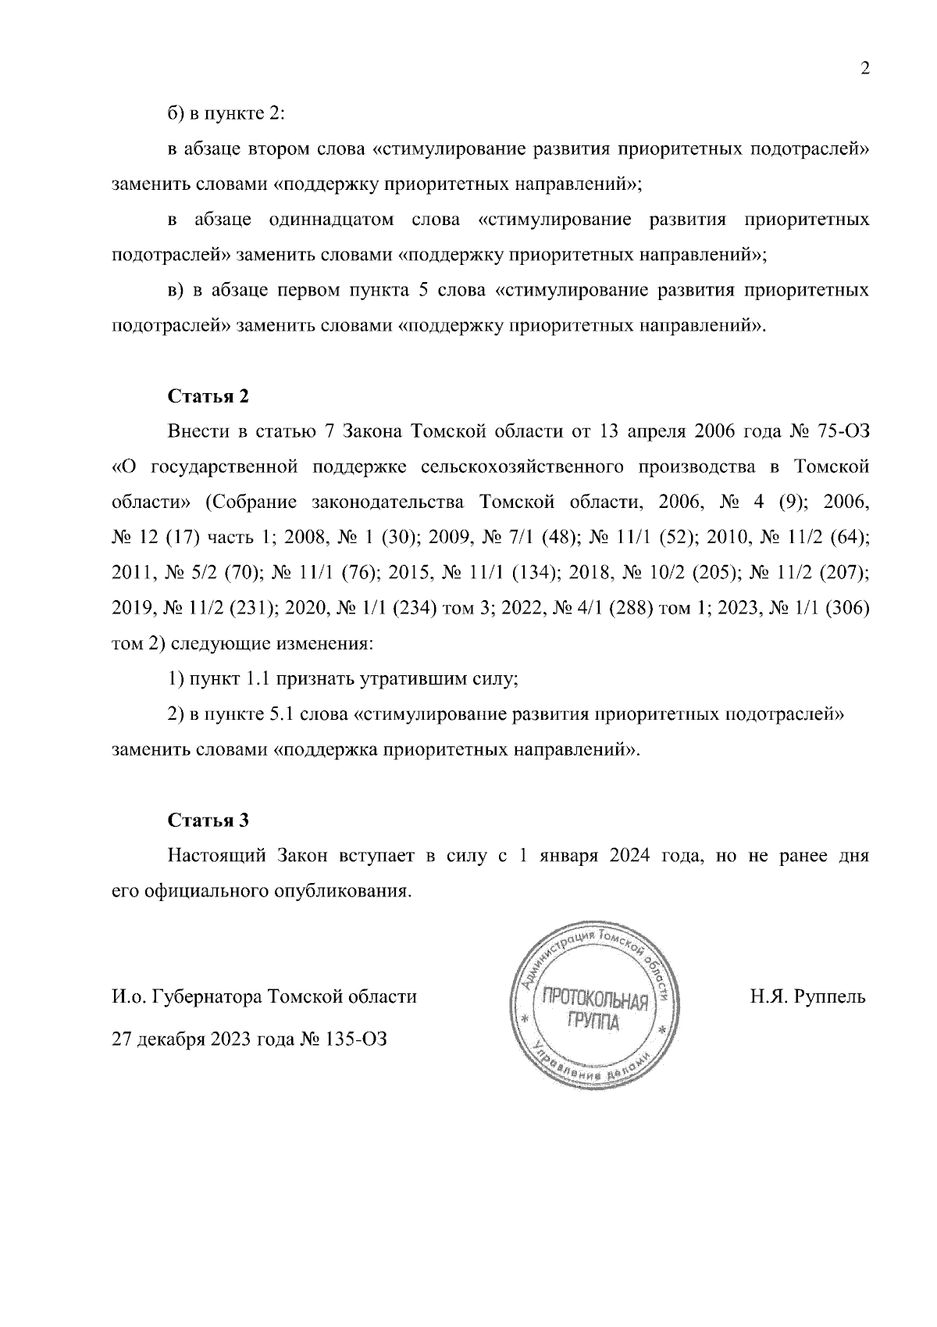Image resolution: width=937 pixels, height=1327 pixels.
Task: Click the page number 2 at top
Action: [x=864, y=69]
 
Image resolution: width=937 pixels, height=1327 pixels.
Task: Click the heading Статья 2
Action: [x=208, y=396]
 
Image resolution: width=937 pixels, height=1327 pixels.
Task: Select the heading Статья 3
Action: [x=208, y=821]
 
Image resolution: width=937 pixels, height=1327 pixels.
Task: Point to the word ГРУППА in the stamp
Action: [x=592, y=1021]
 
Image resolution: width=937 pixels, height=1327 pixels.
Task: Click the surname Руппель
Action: [x=831, y=997]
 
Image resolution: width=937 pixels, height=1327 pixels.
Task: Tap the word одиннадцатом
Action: [x=331, y=220]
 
